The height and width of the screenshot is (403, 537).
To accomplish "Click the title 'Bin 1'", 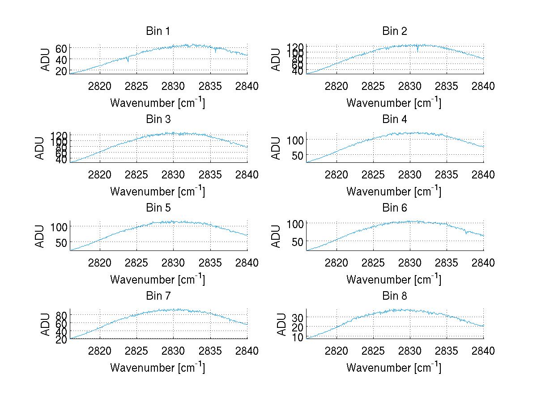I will click(158, 31).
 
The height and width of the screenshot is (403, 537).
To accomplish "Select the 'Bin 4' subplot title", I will click(394, 119).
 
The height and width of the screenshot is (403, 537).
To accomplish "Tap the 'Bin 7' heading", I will click(158, 296).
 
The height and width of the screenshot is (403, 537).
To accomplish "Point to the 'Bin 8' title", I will click(394, 296).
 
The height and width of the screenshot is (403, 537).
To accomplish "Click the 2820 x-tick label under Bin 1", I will click(100, 86).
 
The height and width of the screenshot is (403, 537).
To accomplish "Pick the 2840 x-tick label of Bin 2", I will click(483, 86).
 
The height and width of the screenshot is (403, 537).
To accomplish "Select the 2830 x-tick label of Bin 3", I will click(174, 174).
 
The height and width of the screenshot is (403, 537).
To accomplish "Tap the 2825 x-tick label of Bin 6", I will click(373, 263).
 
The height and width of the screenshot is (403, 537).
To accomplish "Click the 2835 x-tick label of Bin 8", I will click(447, 351).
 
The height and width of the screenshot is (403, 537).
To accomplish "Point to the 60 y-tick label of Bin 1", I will click(61, 48).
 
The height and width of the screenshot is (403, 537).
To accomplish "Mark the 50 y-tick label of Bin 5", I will click(61, 242).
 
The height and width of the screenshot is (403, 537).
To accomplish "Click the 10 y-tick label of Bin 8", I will click(298, 337).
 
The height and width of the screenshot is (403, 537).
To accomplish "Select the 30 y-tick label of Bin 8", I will click(298, 317).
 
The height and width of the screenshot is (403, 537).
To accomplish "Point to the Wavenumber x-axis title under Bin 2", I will click(394, 103).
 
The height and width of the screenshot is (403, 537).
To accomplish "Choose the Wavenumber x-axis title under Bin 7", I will click(158, 368).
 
